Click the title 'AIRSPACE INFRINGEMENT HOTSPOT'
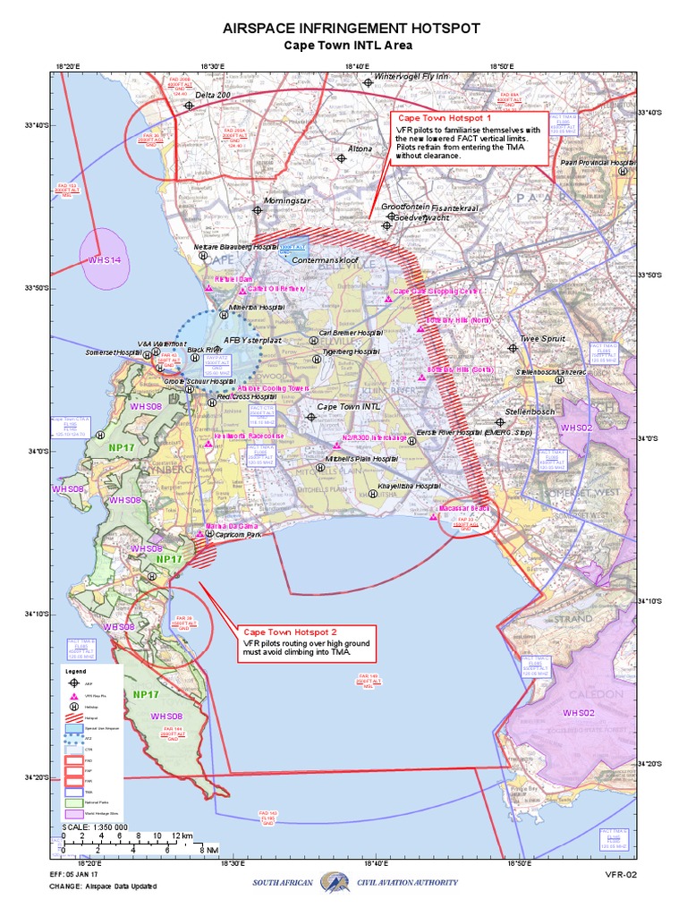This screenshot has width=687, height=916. point(344,29)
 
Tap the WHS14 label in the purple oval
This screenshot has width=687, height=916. point(104,259)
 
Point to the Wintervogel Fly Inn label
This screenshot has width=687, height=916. point(411,77)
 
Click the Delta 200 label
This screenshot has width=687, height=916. point(213,95)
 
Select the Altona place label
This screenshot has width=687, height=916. point(360,148)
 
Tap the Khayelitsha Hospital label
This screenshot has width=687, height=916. point(410,486)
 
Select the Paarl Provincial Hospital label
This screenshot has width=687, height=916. point(598,163)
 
